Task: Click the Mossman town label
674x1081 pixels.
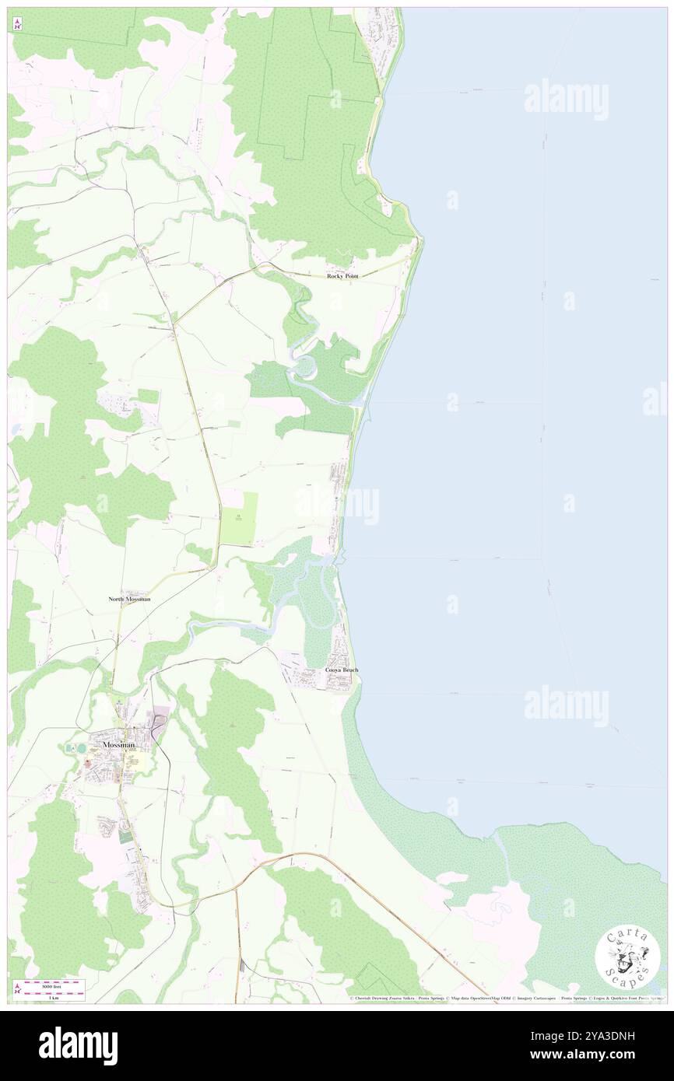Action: [118, 744]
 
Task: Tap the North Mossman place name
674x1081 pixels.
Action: [129, 600]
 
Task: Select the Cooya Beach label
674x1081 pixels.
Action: [342, 670]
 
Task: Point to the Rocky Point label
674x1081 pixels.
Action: [343, 276]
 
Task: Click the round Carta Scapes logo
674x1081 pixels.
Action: [627, 957]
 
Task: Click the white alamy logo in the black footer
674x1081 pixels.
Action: [78, 1045]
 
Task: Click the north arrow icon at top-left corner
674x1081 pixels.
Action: [18, 24]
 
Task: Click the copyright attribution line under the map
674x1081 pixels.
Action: [506, 998]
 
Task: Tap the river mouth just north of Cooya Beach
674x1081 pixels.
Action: [339, 556]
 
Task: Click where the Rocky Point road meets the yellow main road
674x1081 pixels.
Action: [175, 321]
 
